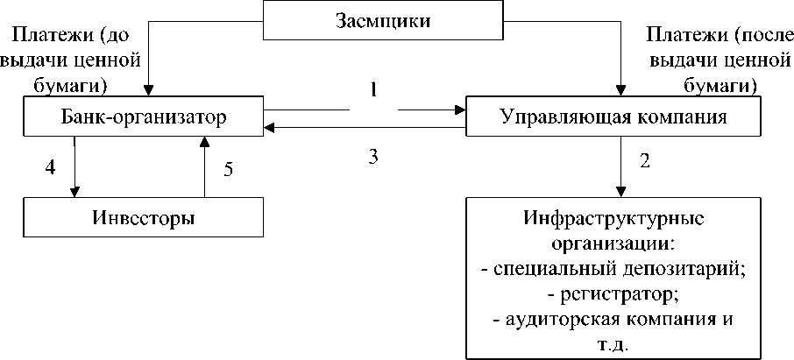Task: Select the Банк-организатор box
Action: [x=145, y=116]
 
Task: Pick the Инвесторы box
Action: [x=145, y=216]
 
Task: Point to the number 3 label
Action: [x=373, y=157]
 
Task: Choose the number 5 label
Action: [x=228, y=170]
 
